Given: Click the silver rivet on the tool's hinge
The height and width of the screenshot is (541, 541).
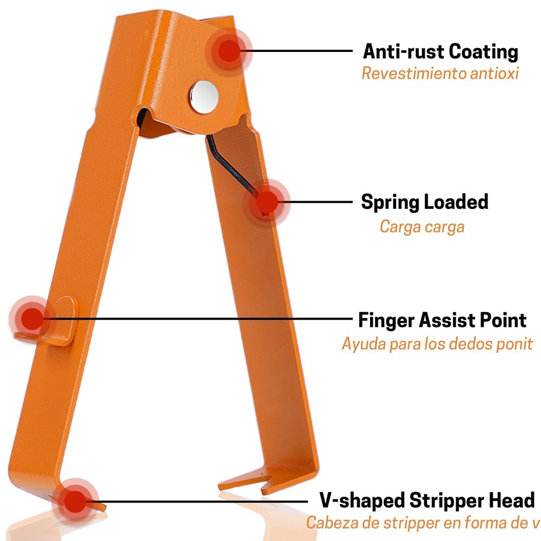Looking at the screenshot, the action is pyautogui.click(x=204, y=97).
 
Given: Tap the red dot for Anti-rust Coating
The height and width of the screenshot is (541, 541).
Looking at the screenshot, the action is pyautogui.click(x=229, y=51).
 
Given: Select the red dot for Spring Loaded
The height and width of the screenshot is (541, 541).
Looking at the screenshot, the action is pyautogui.click(x=267, y=202).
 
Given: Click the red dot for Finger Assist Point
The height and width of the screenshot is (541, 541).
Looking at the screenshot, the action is pyautogui.click(x=32, y=319).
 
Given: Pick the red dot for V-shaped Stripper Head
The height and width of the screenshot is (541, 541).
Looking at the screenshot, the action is pyautogui.click(x=75, y=502).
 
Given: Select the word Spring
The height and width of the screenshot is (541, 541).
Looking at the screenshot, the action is pyautogui.click(x=390, y=202).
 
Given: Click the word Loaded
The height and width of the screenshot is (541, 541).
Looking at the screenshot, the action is pyautogui.click(x=456, y=202).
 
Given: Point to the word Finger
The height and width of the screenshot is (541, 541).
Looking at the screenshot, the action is pyautogui.click(x=386, y=320).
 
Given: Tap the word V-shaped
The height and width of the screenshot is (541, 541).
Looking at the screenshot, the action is pyautogui.click(x=362, y=501).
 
